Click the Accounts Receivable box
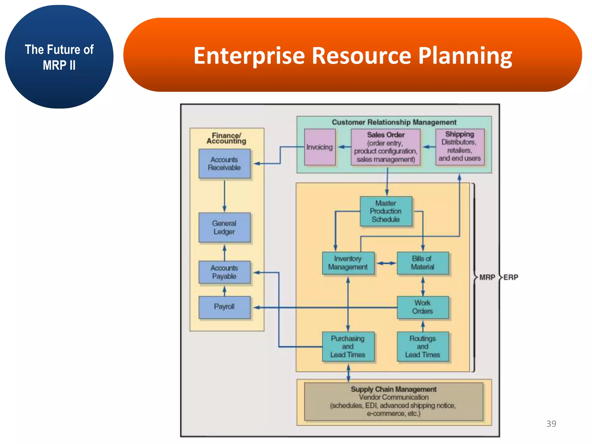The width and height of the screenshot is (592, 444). (x=224, y=164)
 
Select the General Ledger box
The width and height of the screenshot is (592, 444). (x=224, y=227)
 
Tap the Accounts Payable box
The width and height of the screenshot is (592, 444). (x=224, y=272)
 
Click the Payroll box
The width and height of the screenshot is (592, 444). (x=224, y=307)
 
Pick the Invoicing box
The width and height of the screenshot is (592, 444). (x=320, y=147)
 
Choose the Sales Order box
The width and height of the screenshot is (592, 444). (x=386, y=147)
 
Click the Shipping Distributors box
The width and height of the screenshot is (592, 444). (x=460, y=147)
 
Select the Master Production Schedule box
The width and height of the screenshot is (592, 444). (x=386, y=211)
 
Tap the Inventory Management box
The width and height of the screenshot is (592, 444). (x=348, y=263)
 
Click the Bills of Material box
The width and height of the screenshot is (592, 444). (x=423, y=263)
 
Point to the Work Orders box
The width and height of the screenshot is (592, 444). (x=423, y=307)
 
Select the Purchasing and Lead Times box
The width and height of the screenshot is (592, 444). (x=348, y=346)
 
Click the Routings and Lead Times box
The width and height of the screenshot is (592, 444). (x=423, y=346)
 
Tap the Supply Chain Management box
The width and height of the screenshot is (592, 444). (x=394, y=402)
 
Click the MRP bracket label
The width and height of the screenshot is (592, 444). (x=487, y=277)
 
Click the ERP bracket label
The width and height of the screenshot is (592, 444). (x=511, y=277)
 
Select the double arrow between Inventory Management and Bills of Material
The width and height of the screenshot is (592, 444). (x=386, y=263)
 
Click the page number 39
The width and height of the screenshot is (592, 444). (x=551, y=424)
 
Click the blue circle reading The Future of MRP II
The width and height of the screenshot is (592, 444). (x=59, y=57)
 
